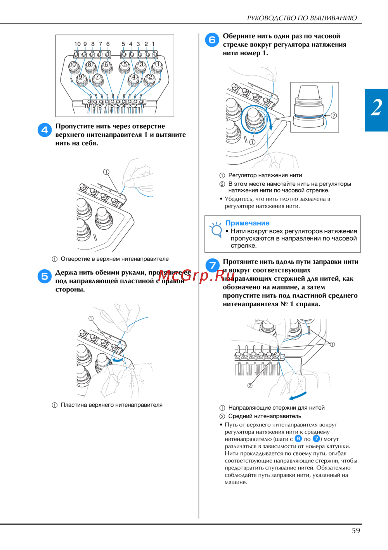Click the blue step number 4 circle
point(45,130)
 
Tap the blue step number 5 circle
point(45,276)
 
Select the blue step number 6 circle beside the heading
point(212,40)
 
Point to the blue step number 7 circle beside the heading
point(212,265)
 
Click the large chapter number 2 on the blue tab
point(376,108)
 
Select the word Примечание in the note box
point(247,223)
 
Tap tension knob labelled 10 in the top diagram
point(73,66)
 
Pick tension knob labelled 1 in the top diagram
point(158,66)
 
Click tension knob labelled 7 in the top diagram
point(97,79)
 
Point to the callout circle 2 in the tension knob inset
point(334,115)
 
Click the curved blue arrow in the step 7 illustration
point(297,396)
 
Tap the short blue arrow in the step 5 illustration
point(118,360)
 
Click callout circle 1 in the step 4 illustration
point(106,172)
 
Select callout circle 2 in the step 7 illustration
point(250,386)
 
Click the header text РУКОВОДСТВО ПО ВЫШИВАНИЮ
point(302,18)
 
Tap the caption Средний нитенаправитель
point(265,416)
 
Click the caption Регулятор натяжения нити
point(265,175)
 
